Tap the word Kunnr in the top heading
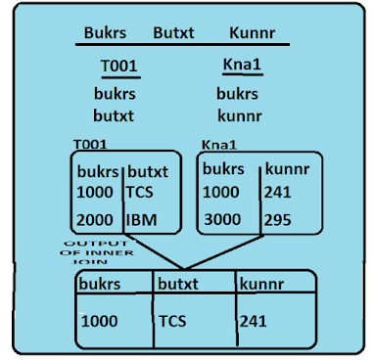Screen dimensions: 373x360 click(252, 32)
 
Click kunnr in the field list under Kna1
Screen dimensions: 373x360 click(241, 114)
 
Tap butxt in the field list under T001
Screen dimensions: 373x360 click(114, 114)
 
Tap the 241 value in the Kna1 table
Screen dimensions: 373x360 click(278, 192)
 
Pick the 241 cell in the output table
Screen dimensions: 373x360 click(252, 319)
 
